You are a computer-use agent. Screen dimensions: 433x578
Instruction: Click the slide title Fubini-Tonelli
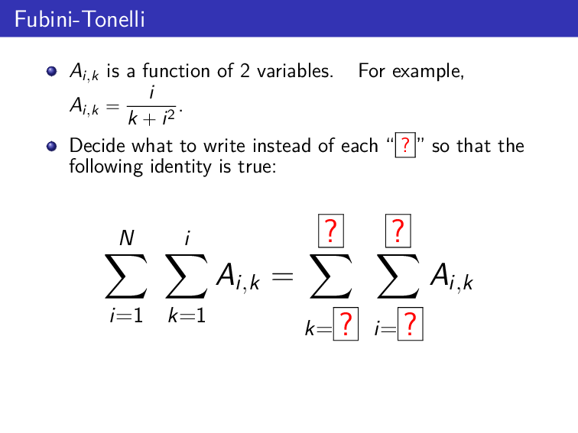click(80, 18)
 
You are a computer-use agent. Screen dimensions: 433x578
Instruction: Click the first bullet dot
click(51, 72)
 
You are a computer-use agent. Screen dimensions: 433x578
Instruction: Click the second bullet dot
click(51, 146)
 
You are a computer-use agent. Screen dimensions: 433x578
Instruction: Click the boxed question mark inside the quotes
click(404, 145)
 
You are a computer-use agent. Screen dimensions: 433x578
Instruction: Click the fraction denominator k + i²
click(154, 118)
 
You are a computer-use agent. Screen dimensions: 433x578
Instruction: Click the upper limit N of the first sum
click(126, 239)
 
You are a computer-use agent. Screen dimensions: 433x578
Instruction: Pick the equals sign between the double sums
click(283, 279)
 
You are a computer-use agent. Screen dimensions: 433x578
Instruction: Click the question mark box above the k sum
click(330, 231)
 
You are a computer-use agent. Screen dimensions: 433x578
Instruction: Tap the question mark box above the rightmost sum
click(398, 231)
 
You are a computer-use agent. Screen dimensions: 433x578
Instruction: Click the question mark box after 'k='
click(346, 328)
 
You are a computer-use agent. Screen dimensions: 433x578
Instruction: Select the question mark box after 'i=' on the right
click(411, 328)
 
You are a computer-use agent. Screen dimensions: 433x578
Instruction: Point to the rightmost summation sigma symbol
click(398, 278)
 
